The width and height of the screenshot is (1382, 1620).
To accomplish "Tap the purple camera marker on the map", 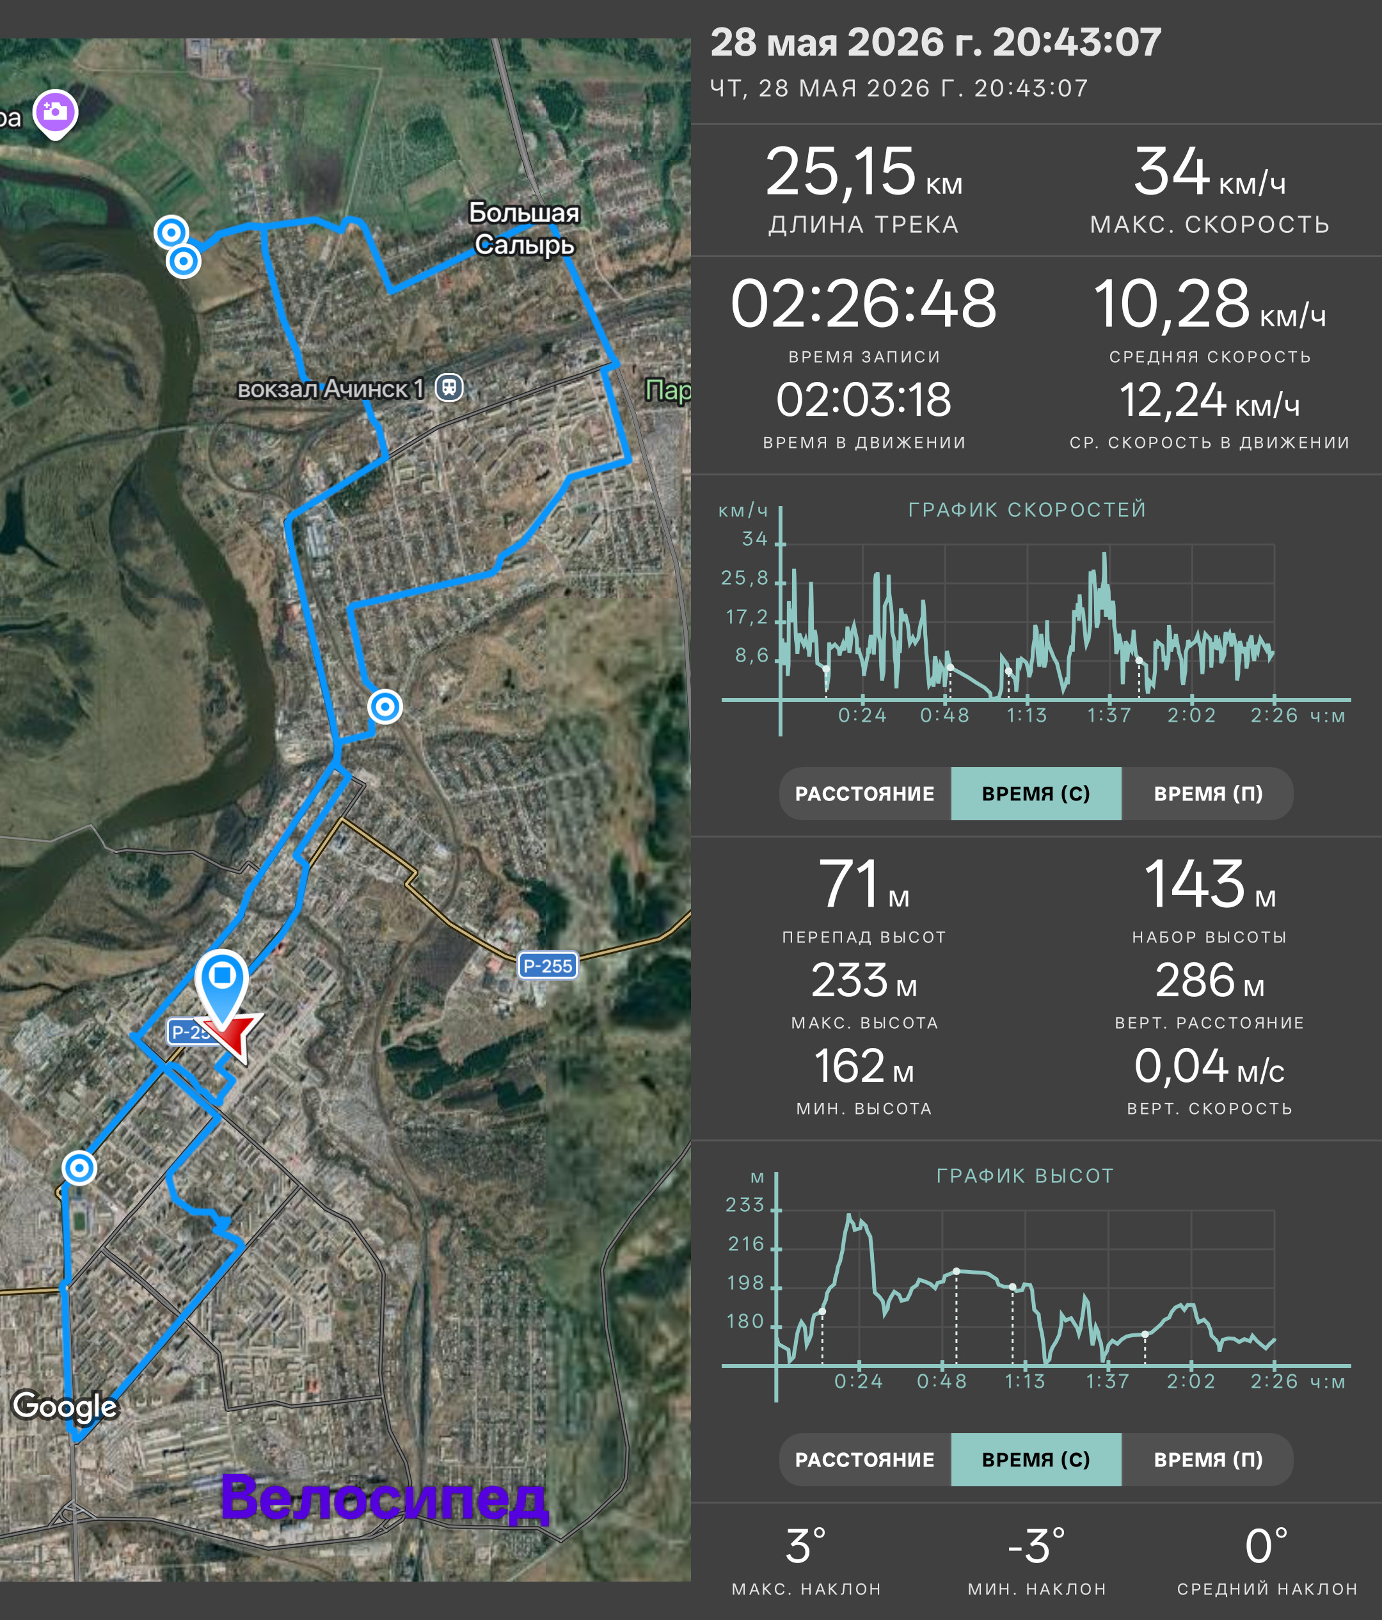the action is click(x=55, y=114).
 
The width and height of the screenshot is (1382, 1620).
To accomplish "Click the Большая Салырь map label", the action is click(x=525, y=228).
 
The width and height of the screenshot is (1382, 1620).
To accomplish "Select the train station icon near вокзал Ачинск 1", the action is click(x=449, y=387).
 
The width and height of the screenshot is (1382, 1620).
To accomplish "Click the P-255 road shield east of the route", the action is click(x=547, y=965).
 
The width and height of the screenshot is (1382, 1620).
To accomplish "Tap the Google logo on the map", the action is click(x=65, y=1405).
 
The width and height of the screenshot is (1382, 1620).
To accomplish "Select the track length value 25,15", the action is click(x=840, y=172).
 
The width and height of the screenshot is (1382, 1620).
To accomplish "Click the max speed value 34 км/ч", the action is click(x=1209, y=173).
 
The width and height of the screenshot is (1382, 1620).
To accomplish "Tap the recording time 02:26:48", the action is click(x=864, y=303).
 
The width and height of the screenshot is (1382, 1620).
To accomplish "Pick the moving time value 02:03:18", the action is click(x=864, y=401).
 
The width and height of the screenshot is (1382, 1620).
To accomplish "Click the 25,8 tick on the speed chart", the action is click(x=744, y=578).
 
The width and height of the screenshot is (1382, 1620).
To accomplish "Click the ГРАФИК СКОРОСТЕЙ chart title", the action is click(x=1027, y=510).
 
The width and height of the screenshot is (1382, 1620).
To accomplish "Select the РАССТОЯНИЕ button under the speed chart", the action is click(x=864, y=793).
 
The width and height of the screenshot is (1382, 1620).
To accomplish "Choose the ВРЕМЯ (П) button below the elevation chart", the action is click(x=1208, y=1459).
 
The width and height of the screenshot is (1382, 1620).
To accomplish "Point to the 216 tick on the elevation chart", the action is click(x=746, y=1244).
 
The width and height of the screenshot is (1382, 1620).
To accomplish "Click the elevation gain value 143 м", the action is click(x=1209, y=884).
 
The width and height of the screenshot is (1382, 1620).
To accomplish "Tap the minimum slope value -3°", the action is click(x=1036, y=1546).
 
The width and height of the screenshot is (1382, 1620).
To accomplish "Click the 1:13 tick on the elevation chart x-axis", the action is click(x=1025, y=1381).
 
